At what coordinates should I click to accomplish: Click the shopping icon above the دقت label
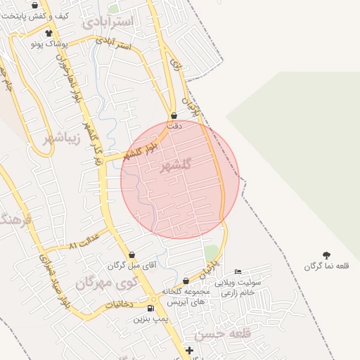point(174,116)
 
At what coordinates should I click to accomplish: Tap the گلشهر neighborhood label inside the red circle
point(175,166)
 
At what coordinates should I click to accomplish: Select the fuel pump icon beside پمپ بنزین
point(150,309)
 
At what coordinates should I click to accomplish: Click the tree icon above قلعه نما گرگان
point(326,255)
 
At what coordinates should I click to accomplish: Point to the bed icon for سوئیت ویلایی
point(238,272)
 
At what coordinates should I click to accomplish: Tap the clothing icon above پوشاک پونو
point(49,33)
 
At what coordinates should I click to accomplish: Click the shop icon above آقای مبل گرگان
point(131,255)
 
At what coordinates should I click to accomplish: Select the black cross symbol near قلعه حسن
point(189,350)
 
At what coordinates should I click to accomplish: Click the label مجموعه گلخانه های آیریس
point(185,296)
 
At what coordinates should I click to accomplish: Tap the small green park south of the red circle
point(211,252)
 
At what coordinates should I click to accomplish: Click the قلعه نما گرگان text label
point(326,266)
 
